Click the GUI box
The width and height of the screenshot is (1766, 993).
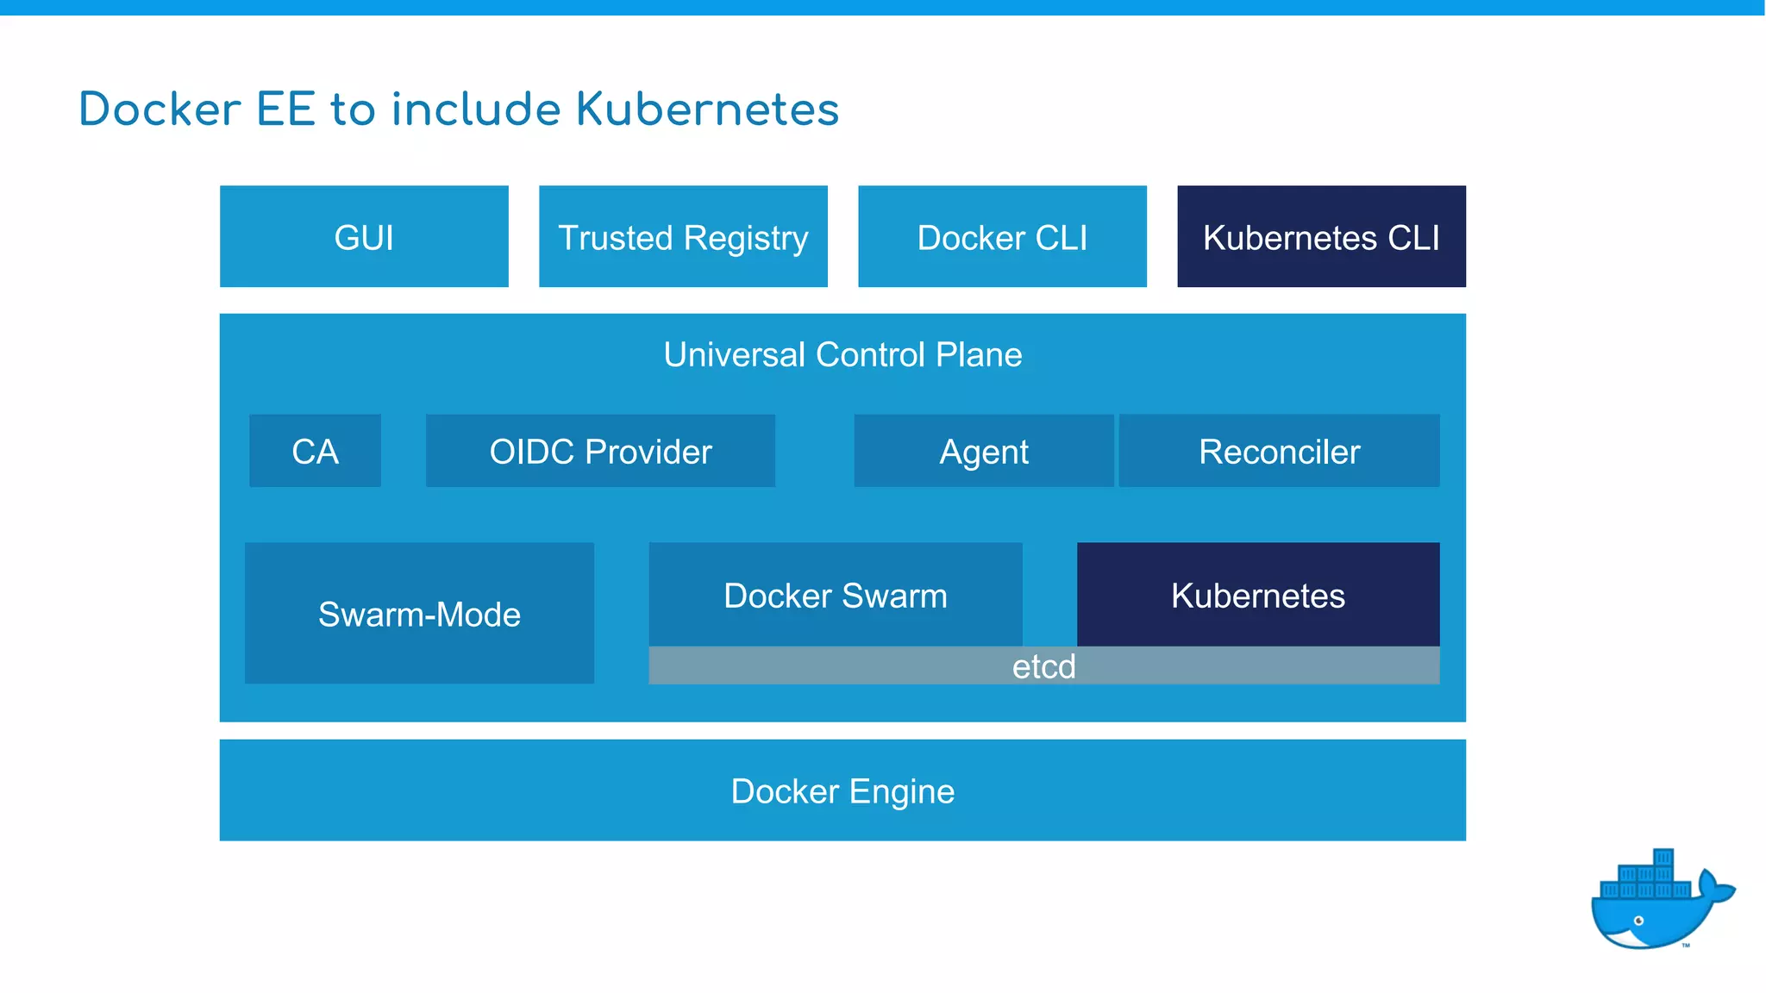(x=364, y=236)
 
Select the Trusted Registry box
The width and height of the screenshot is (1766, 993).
(x=683, y=236)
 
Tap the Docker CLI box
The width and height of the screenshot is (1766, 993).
(x=1002, y=236)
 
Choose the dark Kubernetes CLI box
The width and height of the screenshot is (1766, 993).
(x=1321, y=236)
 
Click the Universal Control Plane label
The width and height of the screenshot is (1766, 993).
(x=842, y=354)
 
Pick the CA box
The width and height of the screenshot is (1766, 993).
(x=315, y=451)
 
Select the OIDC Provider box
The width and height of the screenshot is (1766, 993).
(x=600, y=451)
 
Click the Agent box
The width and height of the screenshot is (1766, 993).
(x=983, y=451)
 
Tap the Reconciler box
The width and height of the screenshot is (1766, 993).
(x=1279, y=451)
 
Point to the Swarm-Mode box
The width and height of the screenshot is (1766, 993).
(x=419, y=613)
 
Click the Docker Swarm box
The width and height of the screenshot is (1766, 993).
(x=835, y=595)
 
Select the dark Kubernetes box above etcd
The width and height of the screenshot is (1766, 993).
(x=1257, y=595)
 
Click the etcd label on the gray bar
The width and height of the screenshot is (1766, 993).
(x=1043, y=666)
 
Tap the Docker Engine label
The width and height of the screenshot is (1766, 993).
(x=842, y=790)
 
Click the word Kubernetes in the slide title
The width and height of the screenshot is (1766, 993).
(x=707, y=109)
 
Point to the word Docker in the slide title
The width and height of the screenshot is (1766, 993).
(x=160, y=109)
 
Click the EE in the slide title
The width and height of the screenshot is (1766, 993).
(x=285, y=109)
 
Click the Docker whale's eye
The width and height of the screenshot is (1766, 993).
(x=1638, y=921)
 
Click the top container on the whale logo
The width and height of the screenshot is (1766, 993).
(x=1663, y=859)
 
